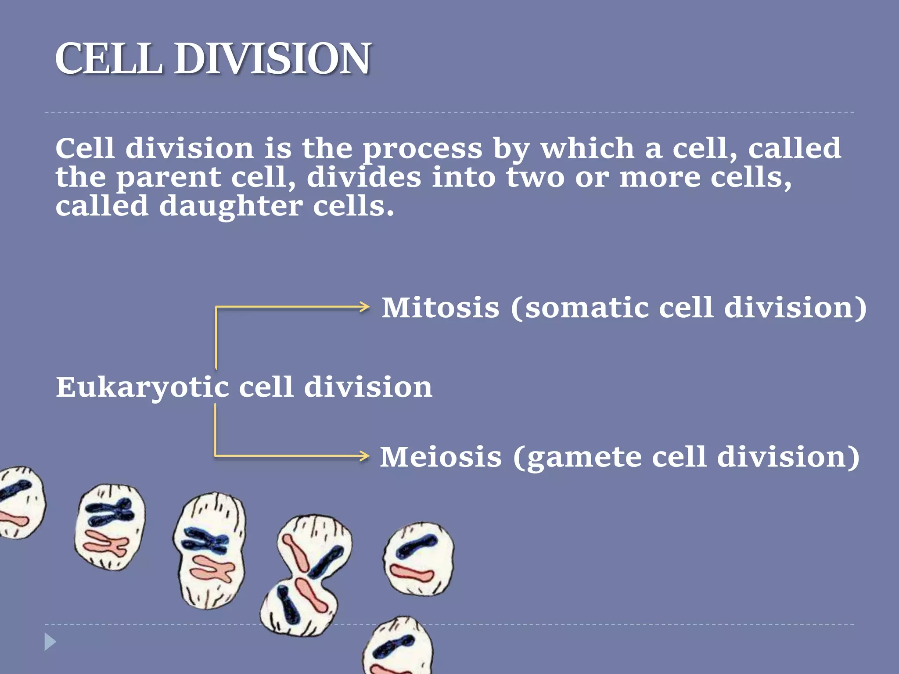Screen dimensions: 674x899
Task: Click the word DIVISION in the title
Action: tap(273, 59)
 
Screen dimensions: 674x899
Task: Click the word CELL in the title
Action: tap(108, 59)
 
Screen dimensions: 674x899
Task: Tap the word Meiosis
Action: tap(440, 457)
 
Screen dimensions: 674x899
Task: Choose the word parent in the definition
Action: tap(169, 178)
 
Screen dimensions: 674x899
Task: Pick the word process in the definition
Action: tap(422, 149)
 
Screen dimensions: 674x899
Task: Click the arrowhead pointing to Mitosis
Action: tap(364, 307)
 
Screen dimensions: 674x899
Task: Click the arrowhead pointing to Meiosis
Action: tap(364, 456)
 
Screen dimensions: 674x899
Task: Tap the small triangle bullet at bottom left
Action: tap(50, 642)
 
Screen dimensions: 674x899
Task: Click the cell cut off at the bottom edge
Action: tap(399, 647)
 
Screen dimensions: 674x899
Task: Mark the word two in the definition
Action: tap(535, 178)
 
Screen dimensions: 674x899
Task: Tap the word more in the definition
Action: tap(659, 178)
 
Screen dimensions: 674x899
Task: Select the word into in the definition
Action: tap(463, 178)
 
